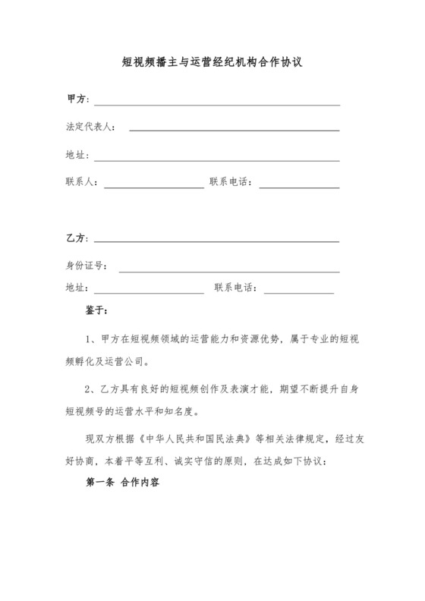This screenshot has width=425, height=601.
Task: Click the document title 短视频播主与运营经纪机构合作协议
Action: [x=212, y=64]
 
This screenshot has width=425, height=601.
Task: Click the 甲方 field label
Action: [x=77, y=99]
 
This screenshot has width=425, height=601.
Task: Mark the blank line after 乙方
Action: [x=216, y=241]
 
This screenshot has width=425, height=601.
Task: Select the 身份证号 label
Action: [x=86, y=266]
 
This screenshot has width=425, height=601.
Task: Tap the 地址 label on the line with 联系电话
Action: [x=77, y=288]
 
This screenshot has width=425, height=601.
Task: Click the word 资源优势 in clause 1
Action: [x=238, y=338]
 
